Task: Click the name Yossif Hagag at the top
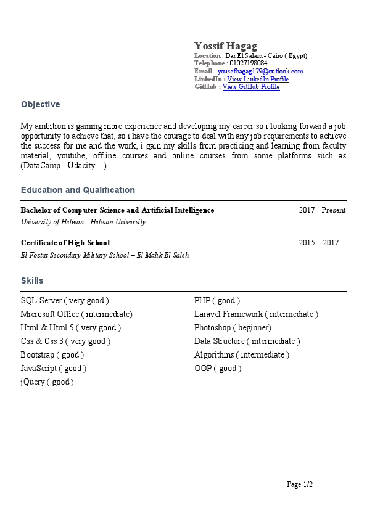[226, 46]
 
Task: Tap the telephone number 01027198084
[248, 63]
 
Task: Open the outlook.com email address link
[260, 72]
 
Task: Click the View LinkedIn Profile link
[258, 80]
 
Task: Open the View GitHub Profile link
[251, 87]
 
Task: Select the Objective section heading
[40, 105]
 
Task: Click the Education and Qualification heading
[78, 190]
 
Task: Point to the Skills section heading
[32, 281]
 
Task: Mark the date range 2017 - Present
[322, 211]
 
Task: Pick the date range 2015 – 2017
[319, 243]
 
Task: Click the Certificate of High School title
[65, 243]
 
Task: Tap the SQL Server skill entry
[65, 301]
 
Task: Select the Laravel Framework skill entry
[256, 314]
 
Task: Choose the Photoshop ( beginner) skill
[233, 328]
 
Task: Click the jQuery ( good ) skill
[47, 382]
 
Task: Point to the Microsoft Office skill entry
[76, 314]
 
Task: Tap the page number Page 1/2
[300, 485]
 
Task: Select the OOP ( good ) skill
[218, 369]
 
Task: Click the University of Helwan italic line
[83, 222]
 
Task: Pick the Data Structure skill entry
[247, 341]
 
